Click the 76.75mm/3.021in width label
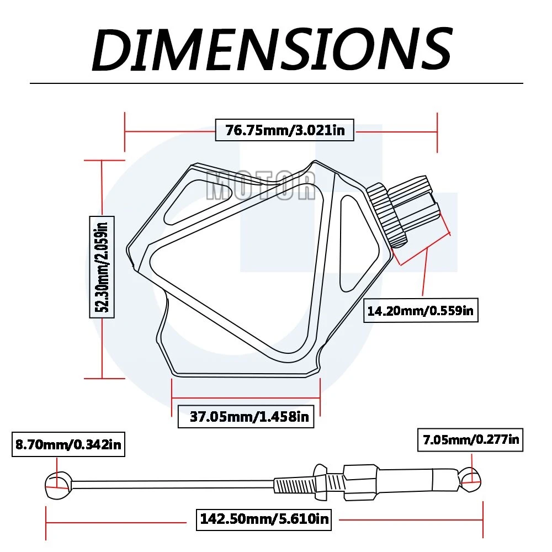[284, 130]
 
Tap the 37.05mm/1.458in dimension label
[246, 416]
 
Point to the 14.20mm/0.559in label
[420, 310]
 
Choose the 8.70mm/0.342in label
[68, 444]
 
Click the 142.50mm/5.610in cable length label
[263, 518]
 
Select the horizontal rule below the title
[276, 83]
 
